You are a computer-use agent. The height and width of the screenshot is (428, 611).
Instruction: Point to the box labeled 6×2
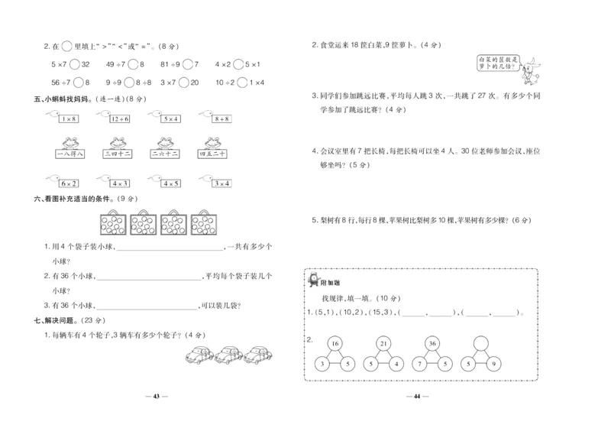[67, 183]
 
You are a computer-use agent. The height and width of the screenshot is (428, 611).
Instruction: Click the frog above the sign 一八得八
[67, 141]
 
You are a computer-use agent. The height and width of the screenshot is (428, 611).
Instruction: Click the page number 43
[155, 396]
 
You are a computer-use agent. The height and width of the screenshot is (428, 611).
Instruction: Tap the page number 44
[417, 396]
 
